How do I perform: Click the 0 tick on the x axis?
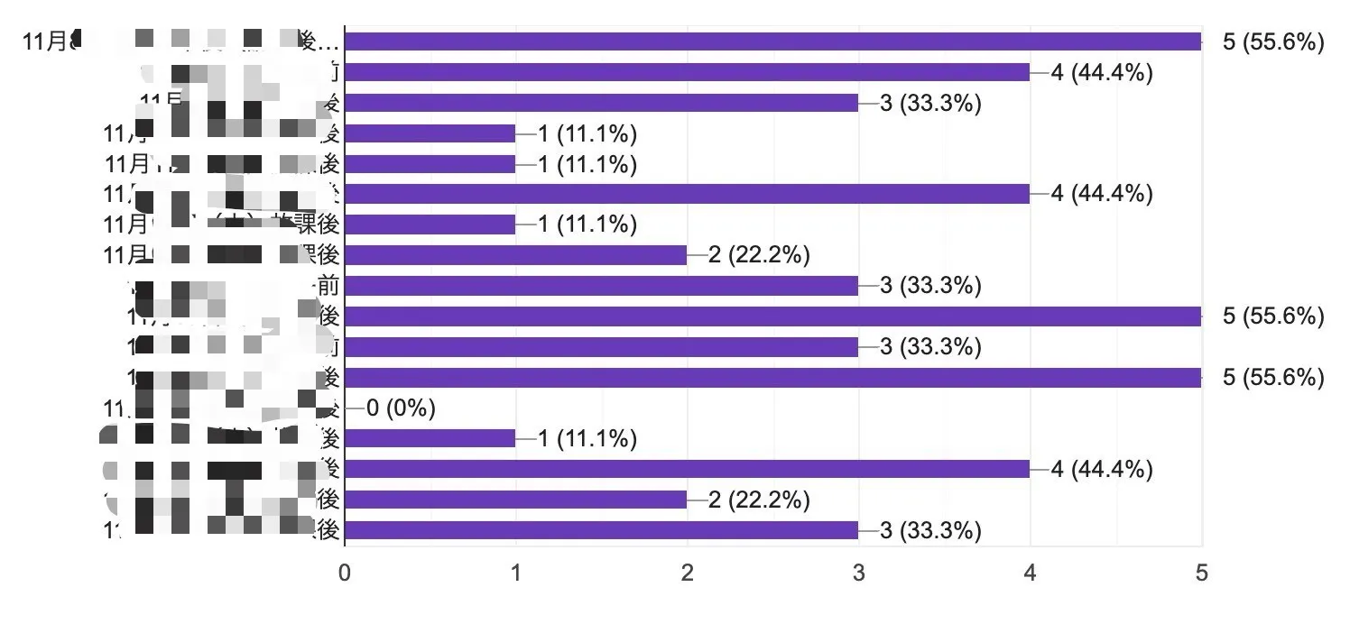click(345, 573)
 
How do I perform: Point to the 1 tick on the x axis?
click(516, 573)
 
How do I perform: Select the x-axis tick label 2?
click(688, 573)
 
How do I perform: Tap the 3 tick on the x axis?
click(859, 573)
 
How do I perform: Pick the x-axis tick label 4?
click(1030, 573)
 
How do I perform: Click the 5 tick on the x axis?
click(1201, 573)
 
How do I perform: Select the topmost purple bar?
click(772, 41)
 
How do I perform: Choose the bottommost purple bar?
click(601, 530)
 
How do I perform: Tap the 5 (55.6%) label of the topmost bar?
click(1273, 41)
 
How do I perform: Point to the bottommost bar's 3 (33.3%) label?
click(930, 530)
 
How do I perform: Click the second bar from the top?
click(687, 72)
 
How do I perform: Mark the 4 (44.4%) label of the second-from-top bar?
click(1102, 72)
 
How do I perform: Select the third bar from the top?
click(601, 103)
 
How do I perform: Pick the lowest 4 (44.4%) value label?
click(1102, 469)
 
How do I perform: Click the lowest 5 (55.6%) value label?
click(1273, 377)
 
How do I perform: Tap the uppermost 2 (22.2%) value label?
click(759, 255)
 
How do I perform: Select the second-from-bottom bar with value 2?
click(515, 500)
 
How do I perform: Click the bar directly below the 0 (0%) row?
click(430, 438)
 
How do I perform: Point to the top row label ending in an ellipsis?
click(180, 41)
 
